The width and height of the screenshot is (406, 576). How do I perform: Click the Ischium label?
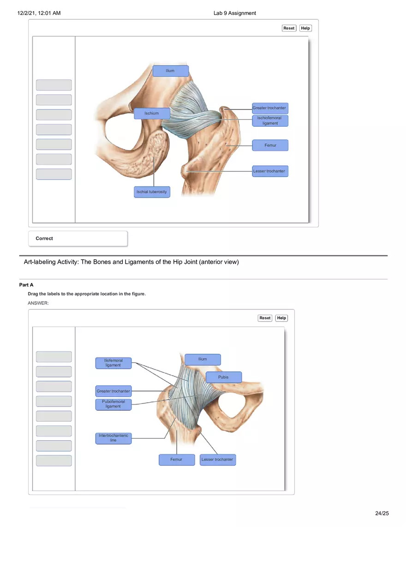pos(152,113)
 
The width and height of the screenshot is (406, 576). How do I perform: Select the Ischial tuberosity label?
pos(152,192)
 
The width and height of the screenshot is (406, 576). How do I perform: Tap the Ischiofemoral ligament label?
pos(270,121)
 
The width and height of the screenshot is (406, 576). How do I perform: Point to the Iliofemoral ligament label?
pos(113,363)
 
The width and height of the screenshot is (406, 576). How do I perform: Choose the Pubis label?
pos(223,377)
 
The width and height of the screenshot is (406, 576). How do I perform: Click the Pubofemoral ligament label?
pos(113,404)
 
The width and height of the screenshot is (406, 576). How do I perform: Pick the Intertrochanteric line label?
pos(113,438)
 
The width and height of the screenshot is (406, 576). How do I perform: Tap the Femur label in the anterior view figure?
pos(176,460)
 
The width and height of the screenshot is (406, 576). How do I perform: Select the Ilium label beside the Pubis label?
pos(203,359)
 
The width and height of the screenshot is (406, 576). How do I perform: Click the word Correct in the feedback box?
pos(44,238)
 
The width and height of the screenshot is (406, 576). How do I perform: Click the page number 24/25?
pos(382,513)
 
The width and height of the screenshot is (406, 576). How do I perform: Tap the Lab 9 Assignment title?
pos(234,13)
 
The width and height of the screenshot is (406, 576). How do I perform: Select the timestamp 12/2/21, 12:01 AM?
pos(39,13)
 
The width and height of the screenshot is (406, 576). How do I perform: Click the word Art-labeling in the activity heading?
pos(40,262)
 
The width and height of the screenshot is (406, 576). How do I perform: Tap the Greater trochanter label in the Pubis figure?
pos(113,391)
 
